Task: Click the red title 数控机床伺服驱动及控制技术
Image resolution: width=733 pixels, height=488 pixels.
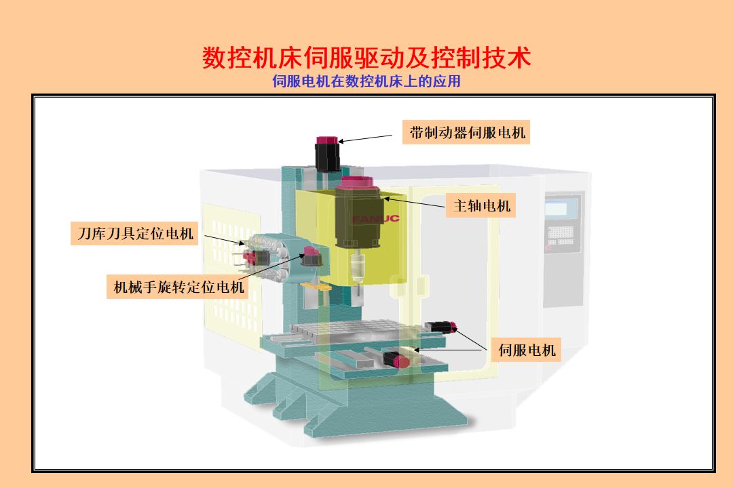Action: pyautogui.click(x=366, y=58)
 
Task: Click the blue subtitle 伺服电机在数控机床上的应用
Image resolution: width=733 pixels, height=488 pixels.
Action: pyautogui.click(x=366, y=81)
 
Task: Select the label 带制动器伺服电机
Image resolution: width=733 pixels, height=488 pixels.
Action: pyautogui.click(x=466, y=132)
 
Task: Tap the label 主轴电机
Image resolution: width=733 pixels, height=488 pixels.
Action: pyautogui.click(x=481, y=205)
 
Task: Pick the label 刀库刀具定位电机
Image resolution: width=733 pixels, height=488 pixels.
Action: pyautogui.click(x=134, y=233)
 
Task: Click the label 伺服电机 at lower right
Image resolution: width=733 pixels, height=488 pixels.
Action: pyautogui.click(x=527, y=350)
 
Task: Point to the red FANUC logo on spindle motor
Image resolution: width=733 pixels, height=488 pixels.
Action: pyautogui.click(x=376, y=218)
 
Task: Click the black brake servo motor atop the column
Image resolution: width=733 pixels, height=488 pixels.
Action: pyautogui.click(x=326, y=154)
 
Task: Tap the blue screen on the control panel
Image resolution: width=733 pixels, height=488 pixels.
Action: pyautogui.click(x=557, y=208)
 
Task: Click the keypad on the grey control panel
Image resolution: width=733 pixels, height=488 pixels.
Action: pyautogui.click(x=560, y=235)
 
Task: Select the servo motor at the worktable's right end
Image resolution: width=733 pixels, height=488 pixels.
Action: pyautogui.click(x=441, y=327)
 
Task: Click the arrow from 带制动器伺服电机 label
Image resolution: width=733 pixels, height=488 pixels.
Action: pyautogui.click(x=365, y=139)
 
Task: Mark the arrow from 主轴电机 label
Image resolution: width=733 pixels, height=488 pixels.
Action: pyautogui.click(x=414, y=202)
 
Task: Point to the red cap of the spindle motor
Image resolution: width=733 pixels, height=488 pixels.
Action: pyautogui.click(x=357, y=182)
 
